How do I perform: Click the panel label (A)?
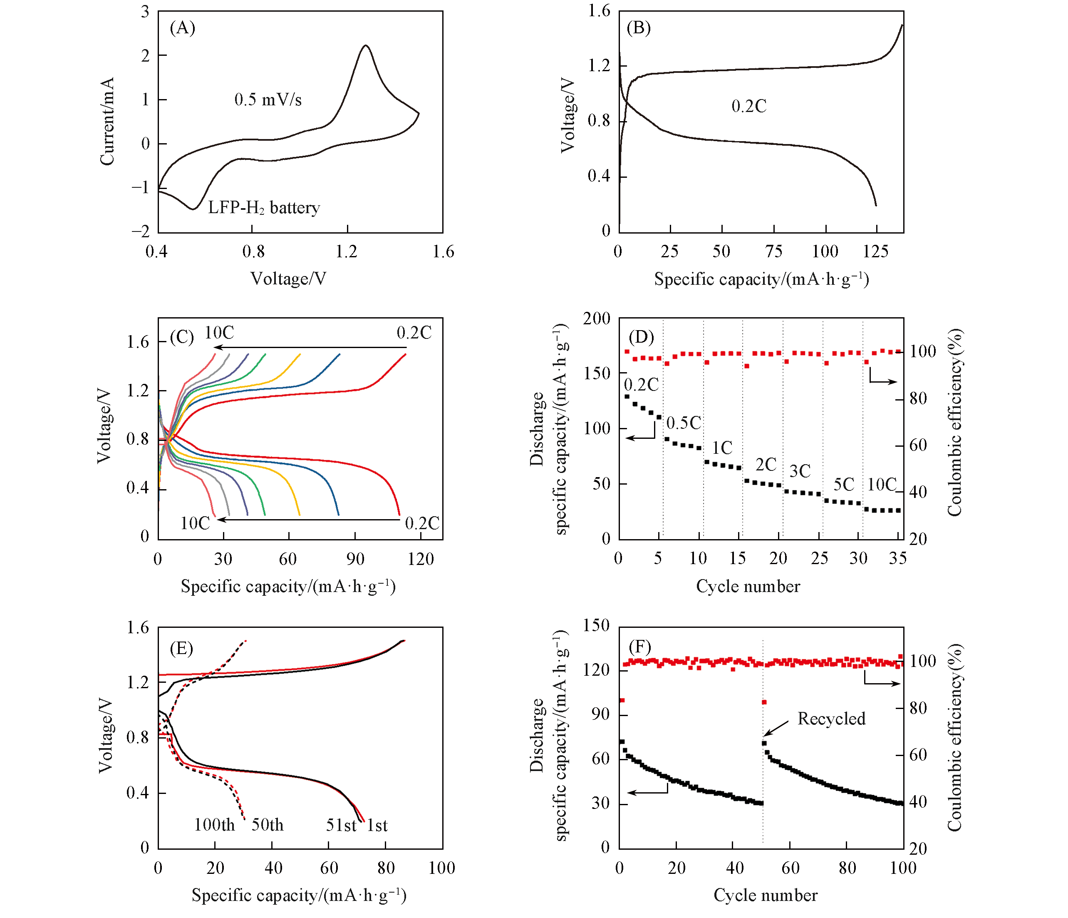183,28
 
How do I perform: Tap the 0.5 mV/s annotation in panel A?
268,100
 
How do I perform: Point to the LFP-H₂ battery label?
264,208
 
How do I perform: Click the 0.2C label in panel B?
749,106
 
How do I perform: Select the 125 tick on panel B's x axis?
876,252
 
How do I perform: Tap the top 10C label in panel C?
219,333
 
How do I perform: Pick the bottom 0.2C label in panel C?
421,523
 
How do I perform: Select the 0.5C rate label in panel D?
684,423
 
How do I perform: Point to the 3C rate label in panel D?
800,471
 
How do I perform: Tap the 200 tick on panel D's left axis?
597,319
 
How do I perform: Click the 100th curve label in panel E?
214,825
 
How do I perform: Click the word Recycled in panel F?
831,719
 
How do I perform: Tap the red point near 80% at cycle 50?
764,702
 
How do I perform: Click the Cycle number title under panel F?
766,895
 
